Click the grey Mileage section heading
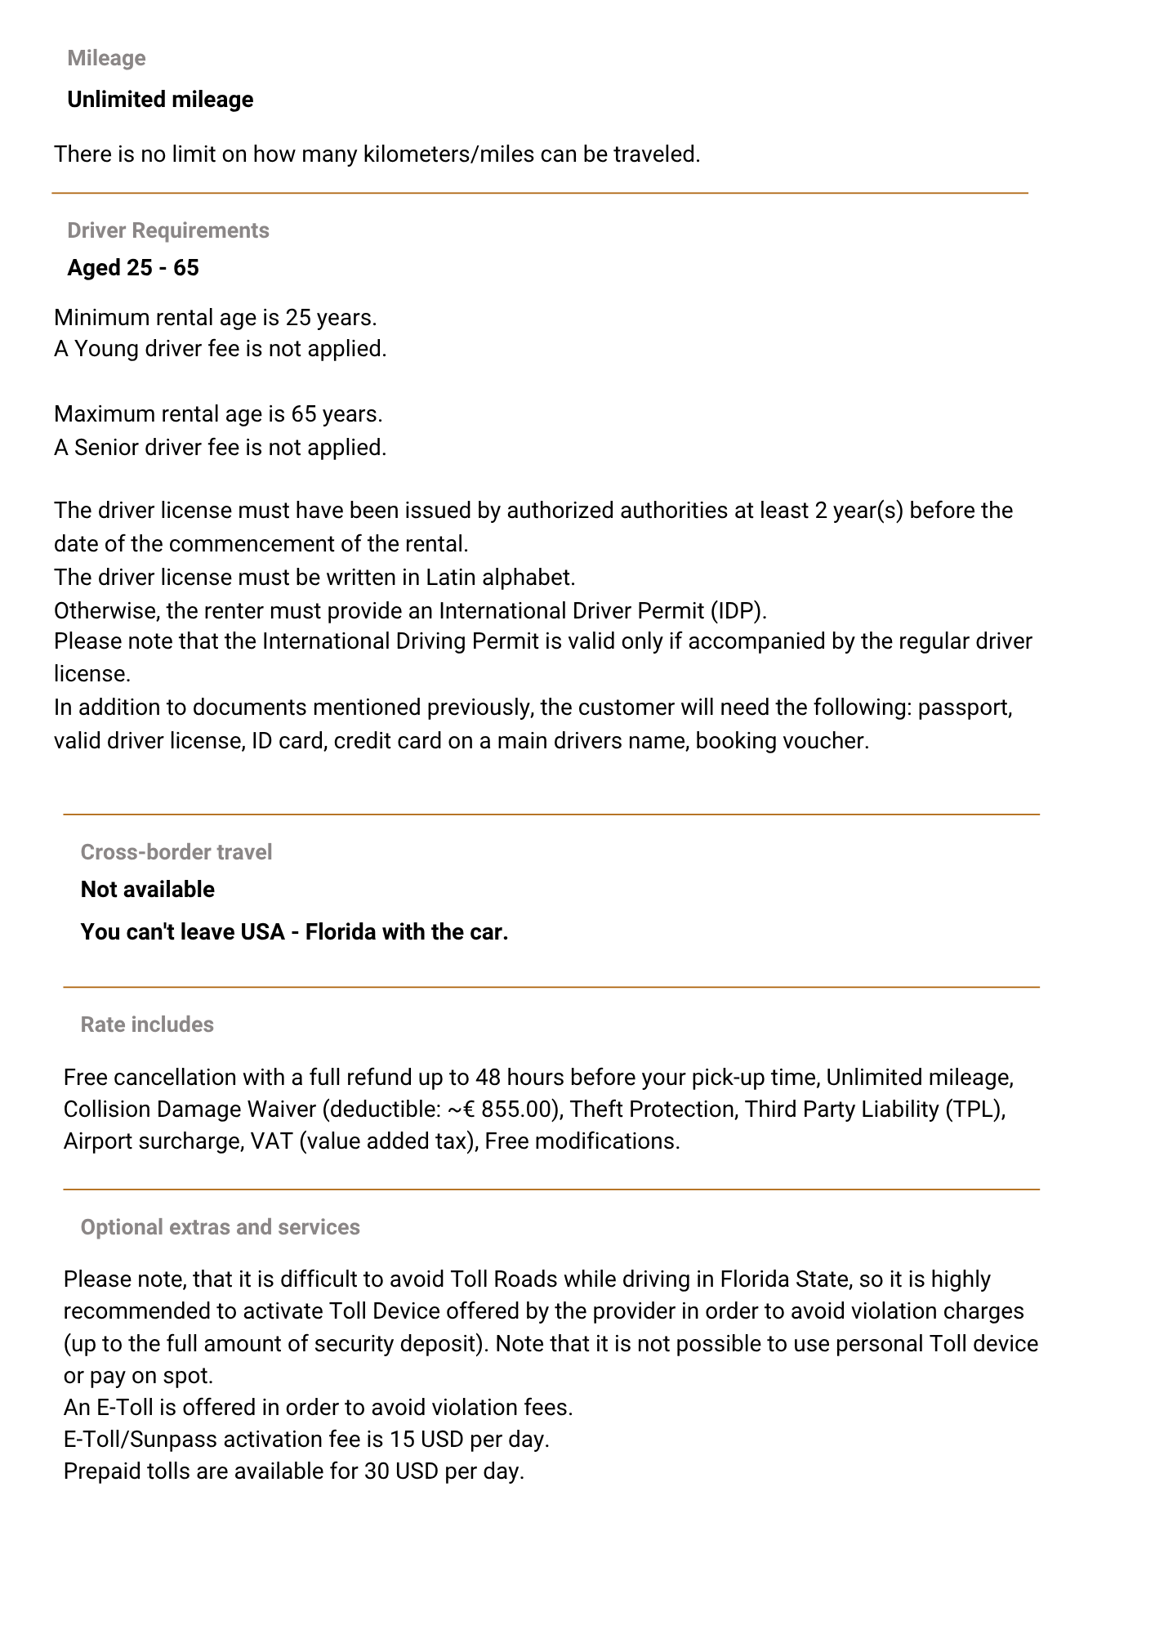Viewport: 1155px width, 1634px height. pos(106,58)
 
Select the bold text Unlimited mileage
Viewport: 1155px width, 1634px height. pos(160,100)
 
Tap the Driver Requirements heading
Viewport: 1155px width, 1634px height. pos(168,230)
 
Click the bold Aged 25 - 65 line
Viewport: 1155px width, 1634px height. pos(133,268)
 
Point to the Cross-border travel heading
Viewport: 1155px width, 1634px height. pos(176,852)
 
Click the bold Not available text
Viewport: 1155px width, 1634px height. pos(148,890)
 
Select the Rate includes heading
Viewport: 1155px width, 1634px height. pos(147,1025)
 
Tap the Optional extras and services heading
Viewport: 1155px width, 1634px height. pos(221,1227)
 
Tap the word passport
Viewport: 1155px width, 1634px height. pos(965,708)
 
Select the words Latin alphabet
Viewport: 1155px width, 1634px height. pos(500,578)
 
